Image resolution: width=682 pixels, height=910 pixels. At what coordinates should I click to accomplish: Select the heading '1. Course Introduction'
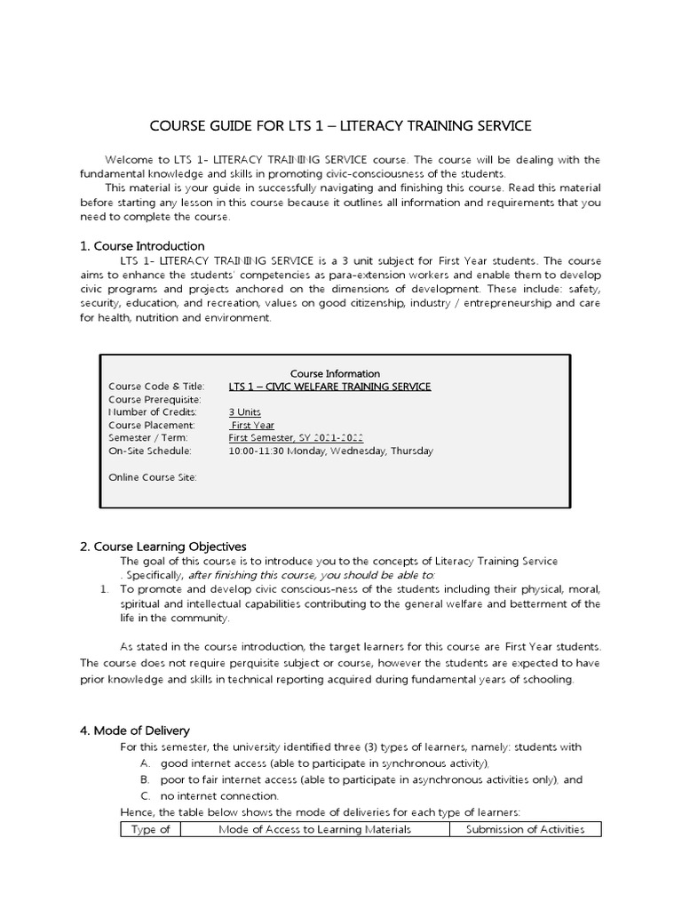pyautogui.click(x=142, y=245)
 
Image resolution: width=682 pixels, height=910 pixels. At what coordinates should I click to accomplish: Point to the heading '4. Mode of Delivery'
pyautogui.click(x=135, y=730)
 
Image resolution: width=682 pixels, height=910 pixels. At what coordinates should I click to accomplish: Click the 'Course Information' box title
pyautogui.click(x=336, y=374)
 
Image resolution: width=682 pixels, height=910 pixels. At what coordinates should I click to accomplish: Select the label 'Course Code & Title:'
pyautogui.click(x=156, y=387)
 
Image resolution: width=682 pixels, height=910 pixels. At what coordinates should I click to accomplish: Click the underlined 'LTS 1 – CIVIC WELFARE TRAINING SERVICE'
pyautogui.click(x=329, y=387)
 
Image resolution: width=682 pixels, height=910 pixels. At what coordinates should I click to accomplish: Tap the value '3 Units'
pyautogui.click(x=245, y=412)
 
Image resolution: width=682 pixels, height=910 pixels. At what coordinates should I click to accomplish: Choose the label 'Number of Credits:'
pyautogui.click(x=153, y=412)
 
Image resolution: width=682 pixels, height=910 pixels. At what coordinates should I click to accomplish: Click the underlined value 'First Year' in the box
pyautogui.click(x=253, y=426)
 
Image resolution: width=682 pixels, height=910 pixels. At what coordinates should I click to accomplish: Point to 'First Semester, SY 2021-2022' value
pyautogui.click(x=296, y=438)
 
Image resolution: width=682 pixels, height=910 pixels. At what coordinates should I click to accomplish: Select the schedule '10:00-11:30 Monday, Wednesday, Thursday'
pyautogui.click(x=330, y=451)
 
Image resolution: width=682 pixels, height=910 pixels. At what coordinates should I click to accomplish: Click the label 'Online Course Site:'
pyautogui.click(x=152, y=477)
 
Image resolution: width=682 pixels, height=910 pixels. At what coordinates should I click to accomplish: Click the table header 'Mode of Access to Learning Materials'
pyautogui.click(x=314, y=830)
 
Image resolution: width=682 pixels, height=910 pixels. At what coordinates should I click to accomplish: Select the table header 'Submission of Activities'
pyautogui.click(x=525, y=830)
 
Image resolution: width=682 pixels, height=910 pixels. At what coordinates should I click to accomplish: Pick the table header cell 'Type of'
pyautogui.click(x=150, y=830)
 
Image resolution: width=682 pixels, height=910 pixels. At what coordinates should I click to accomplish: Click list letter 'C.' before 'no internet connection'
pyautogui.click(x=145, y=796)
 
